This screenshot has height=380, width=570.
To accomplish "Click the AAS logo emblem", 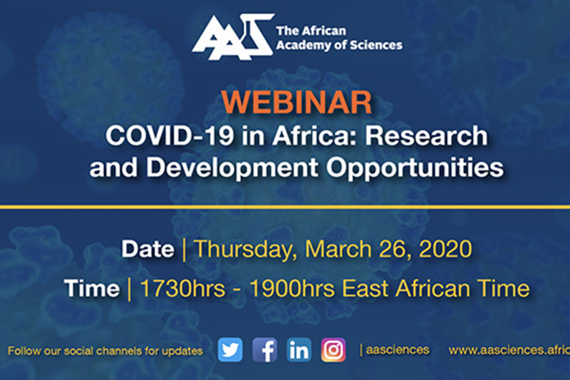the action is click(x=233, y=37).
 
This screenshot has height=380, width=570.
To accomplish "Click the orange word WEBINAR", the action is click(x=296, y=103).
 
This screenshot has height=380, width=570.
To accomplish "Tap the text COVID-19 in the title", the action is click(x=170, y=136).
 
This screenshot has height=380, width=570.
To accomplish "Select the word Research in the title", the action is click(x=426, y=136).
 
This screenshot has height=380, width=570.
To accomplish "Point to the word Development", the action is click(x=232, y=168).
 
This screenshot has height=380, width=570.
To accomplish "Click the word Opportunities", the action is click(x=415, y=168).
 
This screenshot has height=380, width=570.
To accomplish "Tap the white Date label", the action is click(x=148, y=249).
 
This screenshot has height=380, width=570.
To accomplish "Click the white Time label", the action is click(x=92, y=289).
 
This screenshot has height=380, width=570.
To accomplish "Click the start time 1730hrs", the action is click(x=182, y=289).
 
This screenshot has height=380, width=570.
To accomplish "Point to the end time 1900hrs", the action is click(x=292, y=289).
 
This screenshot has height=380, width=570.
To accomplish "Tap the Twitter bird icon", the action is click(x=230, y=350).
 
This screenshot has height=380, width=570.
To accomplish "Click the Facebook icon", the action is click(x=264, y=350).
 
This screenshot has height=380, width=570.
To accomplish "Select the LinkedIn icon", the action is click(x=299, y=350).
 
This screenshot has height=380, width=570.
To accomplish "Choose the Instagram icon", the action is click(x=333, y=350).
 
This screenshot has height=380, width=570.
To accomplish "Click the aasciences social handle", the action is click(x=398, y=350).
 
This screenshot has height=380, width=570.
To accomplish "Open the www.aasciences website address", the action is click(x=509, y=350).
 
